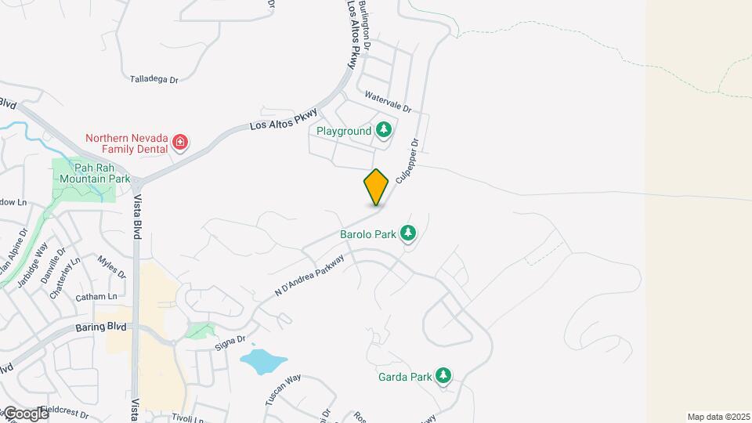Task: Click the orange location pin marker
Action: (376, 187)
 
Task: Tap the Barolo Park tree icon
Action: (407, 233)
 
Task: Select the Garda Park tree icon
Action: (443, 377)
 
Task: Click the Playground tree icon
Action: (383, 130)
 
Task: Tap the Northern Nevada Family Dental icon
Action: (181, 143)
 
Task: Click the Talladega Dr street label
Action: (154, 79)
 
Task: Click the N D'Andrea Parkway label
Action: (309, 275)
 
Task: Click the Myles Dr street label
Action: (111, 266)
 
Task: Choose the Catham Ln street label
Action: (96, 297)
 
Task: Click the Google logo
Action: (25, 413)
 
